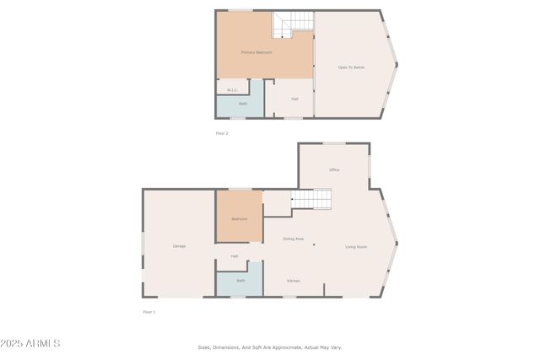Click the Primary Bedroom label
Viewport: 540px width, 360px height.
pos(256,52)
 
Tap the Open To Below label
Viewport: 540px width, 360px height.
pos(351,67)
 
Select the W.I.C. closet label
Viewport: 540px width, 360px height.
pos(232,89)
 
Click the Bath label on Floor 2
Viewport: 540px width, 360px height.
pos(243,104)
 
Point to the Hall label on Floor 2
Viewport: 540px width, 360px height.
pos(294,99)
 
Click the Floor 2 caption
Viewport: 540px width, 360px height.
pos(222,133)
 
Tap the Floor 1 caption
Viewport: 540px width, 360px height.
pos(149,312)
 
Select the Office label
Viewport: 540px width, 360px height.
pos(334,169)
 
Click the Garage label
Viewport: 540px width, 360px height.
pos(179,246)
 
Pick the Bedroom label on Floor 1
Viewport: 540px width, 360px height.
pos(240,219)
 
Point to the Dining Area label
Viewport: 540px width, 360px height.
pos(293,239)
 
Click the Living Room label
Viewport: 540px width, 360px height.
pos(356,247)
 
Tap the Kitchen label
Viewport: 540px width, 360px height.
pos(294,281)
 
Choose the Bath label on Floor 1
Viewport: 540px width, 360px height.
pos(240,281)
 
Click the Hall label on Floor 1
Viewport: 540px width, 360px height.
pos(234,256)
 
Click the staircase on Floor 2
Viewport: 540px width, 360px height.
pos(292,24)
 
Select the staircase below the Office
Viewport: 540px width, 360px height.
pos(311,199)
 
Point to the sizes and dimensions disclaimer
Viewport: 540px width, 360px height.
pos(270,347)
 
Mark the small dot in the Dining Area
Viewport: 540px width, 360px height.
pos(314,245)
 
